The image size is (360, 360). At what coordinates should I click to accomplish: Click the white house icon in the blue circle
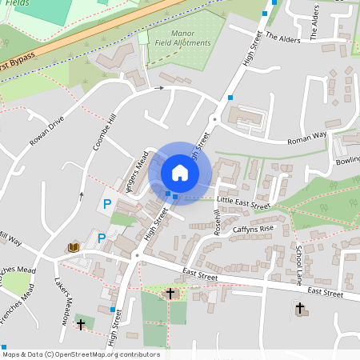[180, 172]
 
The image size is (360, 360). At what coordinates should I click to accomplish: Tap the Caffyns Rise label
[253, 229]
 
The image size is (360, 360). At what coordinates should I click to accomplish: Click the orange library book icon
[74, 248]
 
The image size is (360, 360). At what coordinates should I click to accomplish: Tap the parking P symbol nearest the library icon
[102, 238]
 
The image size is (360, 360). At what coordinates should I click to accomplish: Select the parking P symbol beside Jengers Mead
[108, 206]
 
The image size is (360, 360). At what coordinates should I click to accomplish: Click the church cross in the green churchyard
[170, 294]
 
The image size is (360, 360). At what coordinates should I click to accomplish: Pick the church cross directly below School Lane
[300, 307]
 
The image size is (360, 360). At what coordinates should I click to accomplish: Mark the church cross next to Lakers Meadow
[81, 324]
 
